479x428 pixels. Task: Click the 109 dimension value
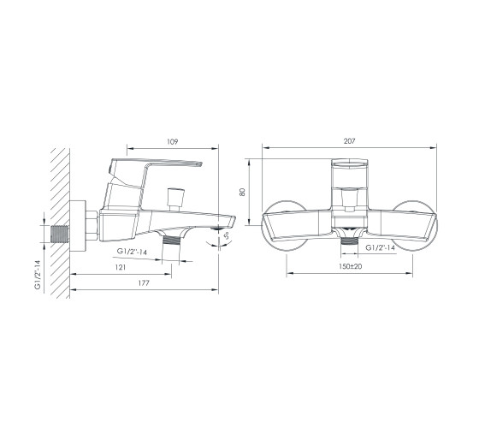click(172, 142)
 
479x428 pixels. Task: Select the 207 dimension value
click(350, 141)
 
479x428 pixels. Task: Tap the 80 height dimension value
click(242, 192)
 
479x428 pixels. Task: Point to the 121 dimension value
click(121, 267)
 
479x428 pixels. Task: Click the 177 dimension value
click(144, 283)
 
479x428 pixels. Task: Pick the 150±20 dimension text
click(350, 266)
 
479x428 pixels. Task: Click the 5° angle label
click(227, 235)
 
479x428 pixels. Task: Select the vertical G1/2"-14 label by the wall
click(38, 275)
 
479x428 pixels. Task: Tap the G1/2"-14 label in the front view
click(381, 247)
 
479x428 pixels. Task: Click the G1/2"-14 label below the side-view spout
click(132, 252)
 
